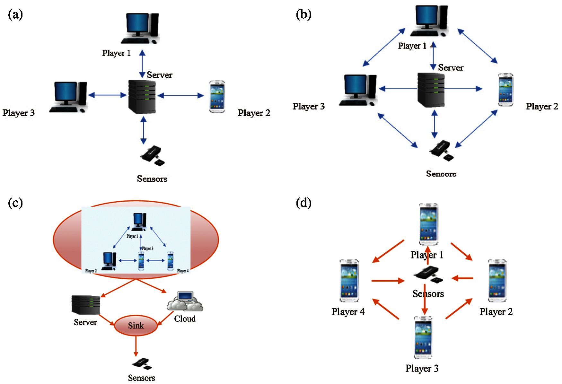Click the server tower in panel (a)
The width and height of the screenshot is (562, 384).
click(x=142, y=97)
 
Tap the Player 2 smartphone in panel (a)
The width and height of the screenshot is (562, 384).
click(x=217, y=97)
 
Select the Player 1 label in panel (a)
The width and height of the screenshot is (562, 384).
click(x=116, y=53)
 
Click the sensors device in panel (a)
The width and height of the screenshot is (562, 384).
click(x=153, y=156)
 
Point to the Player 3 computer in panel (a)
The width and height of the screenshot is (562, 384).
click(x=69, y=97)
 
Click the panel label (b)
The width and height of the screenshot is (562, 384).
click(x=303, y=14)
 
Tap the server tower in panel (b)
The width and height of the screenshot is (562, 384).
click(x=431, y=90)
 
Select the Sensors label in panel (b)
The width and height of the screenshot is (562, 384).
click(x=441, y=174)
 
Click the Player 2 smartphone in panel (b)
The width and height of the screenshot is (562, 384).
click(x=505, y=90)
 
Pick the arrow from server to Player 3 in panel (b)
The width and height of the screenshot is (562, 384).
click(x=398, y=89)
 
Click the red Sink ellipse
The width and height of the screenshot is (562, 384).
click(x=136, y=326)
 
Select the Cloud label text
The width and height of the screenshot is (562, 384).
click(x=185, y=319)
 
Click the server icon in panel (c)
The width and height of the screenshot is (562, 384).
click(x=86, y=304)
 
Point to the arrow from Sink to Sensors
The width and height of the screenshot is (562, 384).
click(x=136, y=346)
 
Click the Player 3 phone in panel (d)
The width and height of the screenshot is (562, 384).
click(x=423, y=337)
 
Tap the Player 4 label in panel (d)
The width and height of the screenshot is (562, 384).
click(x=348, y=311)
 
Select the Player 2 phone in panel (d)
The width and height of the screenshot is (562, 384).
click(x=497, y=281)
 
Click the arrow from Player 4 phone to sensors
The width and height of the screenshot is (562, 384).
click(x=388, y=281)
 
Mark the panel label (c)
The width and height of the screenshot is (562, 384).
click(x=15, y=203)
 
